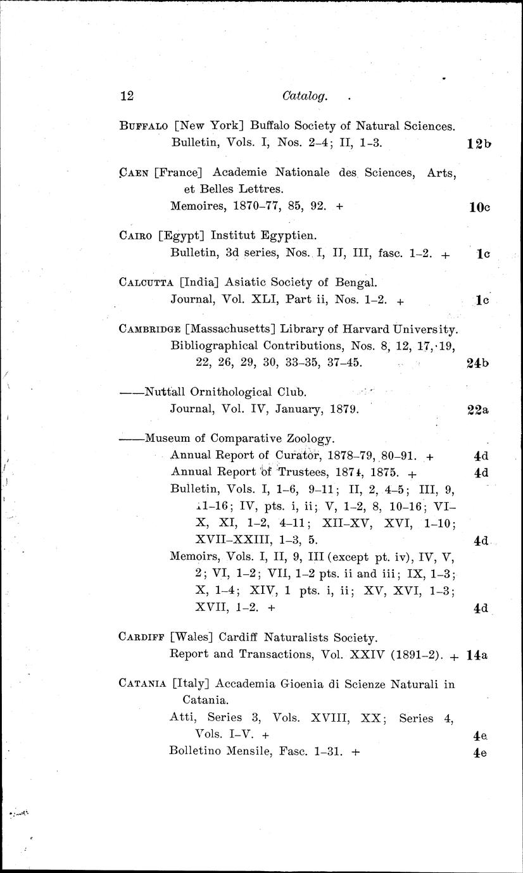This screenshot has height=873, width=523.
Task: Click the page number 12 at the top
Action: tap(127, 96)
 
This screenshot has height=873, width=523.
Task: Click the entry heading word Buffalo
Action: tap(144, 125)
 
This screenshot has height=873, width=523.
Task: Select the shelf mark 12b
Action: tap(479, 143)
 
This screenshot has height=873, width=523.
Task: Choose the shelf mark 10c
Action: tap(480, 206)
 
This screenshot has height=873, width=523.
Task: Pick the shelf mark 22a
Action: tap(479, 410)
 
